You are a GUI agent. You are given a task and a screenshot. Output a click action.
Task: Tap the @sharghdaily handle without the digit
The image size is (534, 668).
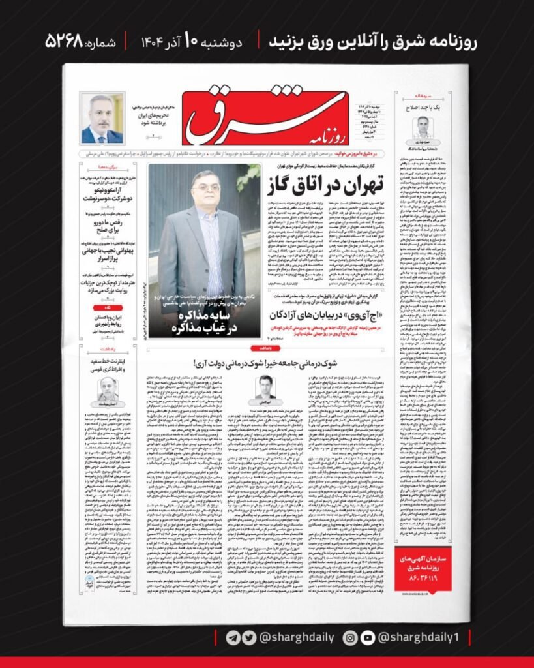pos(286,637)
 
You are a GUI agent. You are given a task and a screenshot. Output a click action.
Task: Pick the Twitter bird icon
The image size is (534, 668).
pos(246,637)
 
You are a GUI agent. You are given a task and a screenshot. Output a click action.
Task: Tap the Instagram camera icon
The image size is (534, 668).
pos(350,637)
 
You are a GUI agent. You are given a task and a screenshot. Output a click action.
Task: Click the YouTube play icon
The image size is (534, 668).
pos(366,637)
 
